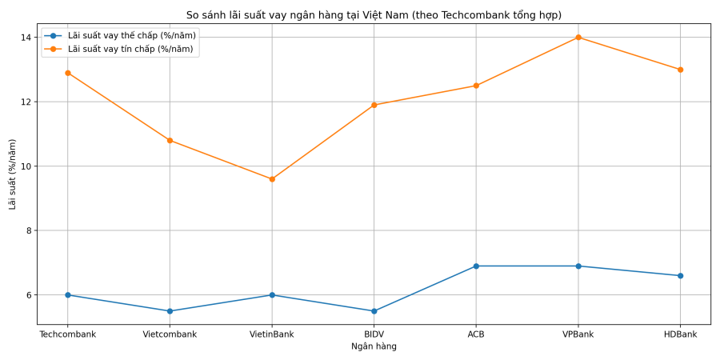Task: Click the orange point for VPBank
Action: pyautogui.click(x=578, y=38)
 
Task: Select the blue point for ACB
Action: pyautogui.click(x=476, y=266)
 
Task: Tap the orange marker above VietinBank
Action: pyautogui.click(x=272, y=179)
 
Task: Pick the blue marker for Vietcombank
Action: pyautogui.click(x=170, y=311)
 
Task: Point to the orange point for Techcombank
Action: pyautogui.click(x=68, y=73)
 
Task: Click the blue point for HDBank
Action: pyautogui.click(x=680, y=275)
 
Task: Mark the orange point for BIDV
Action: pyautogui.click(x=374, y=105)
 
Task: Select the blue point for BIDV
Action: pyautogui.click(x=374, y=311)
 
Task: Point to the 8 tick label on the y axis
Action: pyautogui.click(x=28, y=230)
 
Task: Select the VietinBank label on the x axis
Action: pyautogui.click(x=272, y=334)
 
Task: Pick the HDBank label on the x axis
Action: pyautogui.click(x=680, y=334)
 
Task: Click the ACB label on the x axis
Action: pyautogui.click(x=476, y=334)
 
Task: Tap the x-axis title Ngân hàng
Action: pyautogui.click(x=374, y=346)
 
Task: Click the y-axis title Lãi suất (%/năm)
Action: pyautogui.click(x=13, y=174)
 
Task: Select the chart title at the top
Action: pyautogui.click(x=374, y=15)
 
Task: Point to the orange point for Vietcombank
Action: pyautogui.click(x=170, y=141)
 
